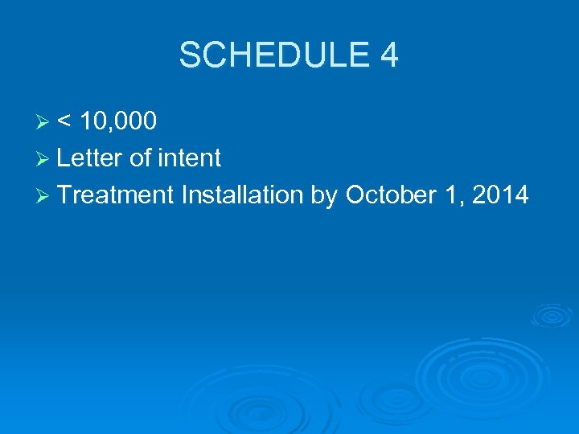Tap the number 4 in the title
coord(388,56)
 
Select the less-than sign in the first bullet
coord(65,121)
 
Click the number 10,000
coord(120,121)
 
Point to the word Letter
coord(90,158)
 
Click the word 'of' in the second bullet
coord(140,158)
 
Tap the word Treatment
coord(116,194)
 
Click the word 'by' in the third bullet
coord(324,195)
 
